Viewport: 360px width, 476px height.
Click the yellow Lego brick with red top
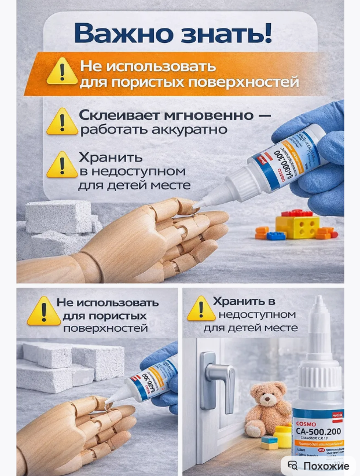coord(296,224)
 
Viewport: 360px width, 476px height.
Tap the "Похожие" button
coord(319,466)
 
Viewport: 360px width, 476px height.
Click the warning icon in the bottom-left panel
coord(43,311)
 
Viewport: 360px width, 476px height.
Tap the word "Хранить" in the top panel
coord(112,158)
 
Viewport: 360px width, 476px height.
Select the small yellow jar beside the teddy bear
coord(282,436)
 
